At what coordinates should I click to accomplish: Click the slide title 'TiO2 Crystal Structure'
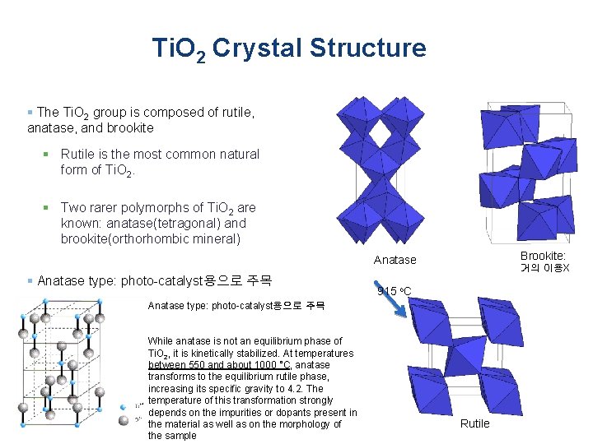(x=289, y=49)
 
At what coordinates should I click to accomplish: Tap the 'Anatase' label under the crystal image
(x=395, y=260)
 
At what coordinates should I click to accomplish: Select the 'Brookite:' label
(x=543, y=257)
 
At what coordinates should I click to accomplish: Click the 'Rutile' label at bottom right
(x=474, y=423)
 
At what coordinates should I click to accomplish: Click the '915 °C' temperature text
(x=394, y=291)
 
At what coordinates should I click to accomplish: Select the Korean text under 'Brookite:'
(x=544, y=269)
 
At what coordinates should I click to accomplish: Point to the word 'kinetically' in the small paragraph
(x=210, y=353)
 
